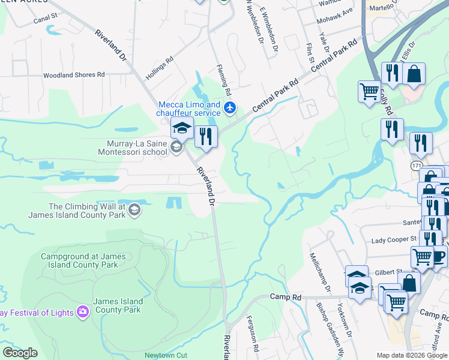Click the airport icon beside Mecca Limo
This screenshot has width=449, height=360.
tap(230, 108)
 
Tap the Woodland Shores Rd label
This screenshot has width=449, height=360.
tap(74, 75)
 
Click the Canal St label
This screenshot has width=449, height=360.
tap(45, 19)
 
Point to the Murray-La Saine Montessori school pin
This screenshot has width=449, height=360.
tap(176, 147)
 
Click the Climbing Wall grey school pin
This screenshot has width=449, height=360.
tap(134, 209)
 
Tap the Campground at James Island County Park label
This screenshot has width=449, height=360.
tap(83, 260)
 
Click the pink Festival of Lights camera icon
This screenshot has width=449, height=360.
tap(82, 311)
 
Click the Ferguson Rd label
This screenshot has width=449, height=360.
tap(255, 340)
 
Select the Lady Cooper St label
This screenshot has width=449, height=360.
tap(394, 239)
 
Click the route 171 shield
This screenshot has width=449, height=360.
tap(417, 164)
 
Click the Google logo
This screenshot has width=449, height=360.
tap(20, 353)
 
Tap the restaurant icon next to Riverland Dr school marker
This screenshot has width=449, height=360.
tap(206, 136)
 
